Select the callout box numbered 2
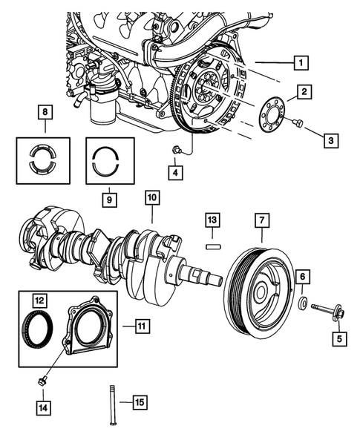pos(305,92)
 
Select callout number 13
pos(212,220)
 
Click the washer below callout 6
pos(303,303)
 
